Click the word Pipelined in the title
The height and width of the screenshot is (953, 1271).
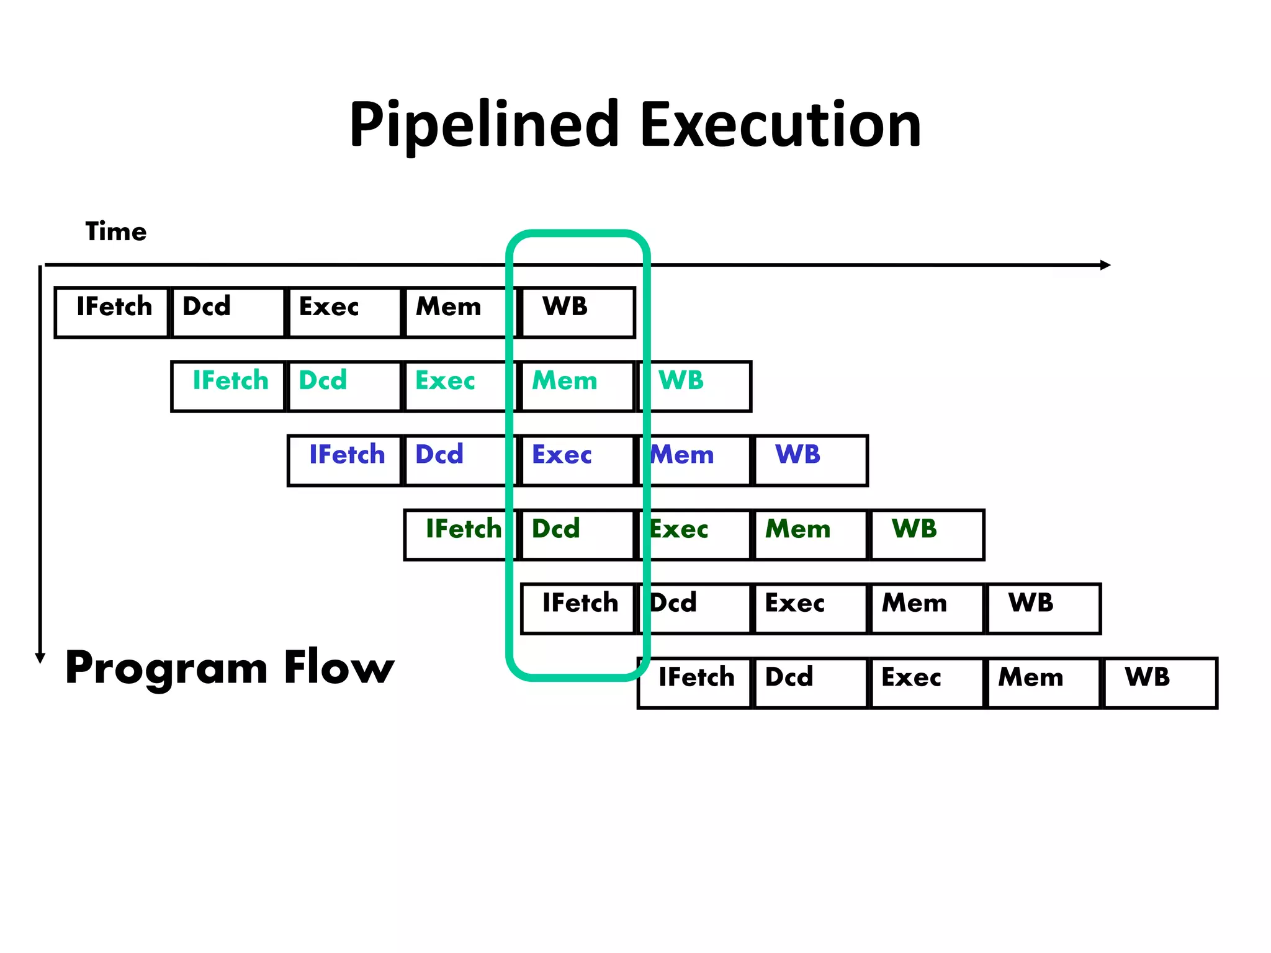click(x=484, y=126)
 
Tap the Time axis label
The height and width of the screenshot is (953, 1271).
click(x=116, y=231)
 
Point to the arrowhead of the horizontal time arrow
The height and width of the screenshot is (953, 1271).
click(x=1105, y=265)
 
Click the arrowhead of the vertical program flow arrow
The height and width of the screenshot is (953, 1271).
click(x=40, y=658)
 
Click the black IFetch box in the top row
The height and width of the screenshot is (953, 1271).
click(x=112, y=312)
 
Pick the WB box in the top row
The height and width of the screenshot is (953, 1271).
click(x=578, y=312)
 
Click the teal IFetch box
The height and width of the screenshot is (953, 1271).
click(x=228, y=386)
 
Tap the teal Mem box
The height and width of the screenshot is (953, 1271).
click(x=578, y=386)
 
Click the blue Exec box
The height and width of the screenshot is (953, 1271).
click(x=578, y=460)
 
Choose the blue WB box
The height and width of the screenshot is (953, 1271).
click(x=811, y=460)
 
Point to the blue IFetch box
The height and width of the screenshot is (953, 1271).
click(x=345, y=460)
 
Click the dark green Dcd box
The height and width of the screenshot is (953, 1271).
click(x=578, y=535)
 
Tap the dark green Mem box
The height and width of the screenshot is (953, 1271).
click(x=811, y=535)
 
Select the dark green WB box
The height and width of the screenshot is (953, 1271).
click(x=927, y=535)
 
